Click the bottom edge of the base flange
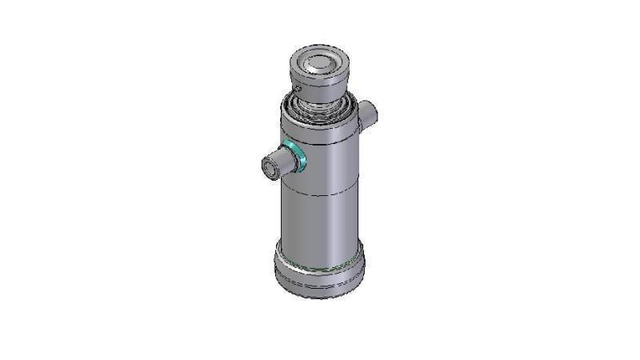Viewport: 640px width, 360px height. click(319, 297)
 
